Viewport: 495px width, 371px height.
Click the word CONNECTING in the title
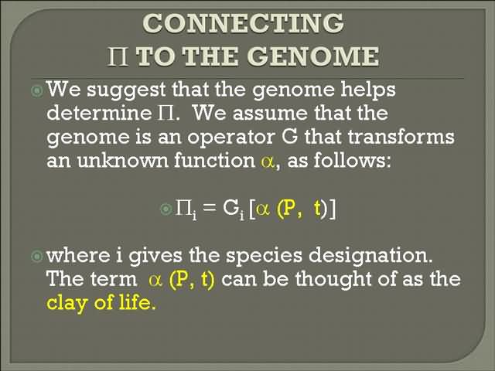coord(243,23)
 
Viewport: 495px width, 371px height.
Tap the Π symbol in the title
coord(118,56)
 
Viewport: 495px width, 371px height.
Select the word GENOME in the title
coord(314,56)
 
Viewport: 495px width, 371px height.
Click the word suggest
coord(126,90)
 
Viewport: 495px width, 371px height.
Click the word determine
coord(99,113)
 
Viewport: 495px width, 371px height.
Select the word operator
coord(230,138)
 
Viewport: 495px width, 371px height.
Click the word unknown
coord(122,160)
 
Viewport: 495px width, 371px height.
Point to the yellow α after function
coord(268,162)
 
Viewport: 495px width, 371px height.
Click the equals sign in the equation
coord(210,208)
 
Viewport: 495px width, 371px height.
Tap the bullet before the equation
coord(166,209)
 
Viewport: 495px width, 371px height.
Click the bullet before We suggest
coord(37,91)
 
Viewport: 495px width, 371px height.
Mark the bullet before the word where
coord(37,256)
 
